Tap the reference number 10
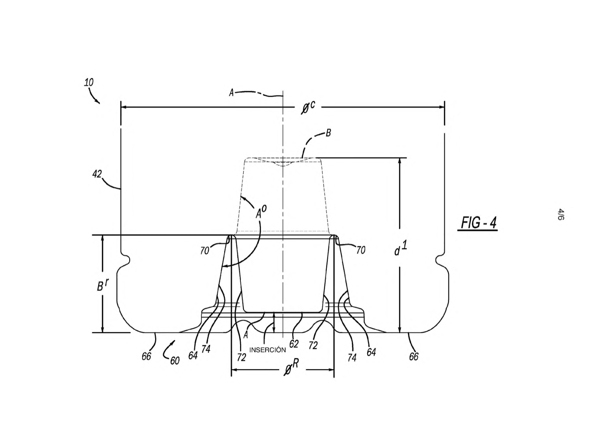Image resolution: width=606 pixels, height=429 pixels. [88, 82]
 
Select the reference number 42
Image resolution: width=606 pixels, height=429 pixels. [97, 174]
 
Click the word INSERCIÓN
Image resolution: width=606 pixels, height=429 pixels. [267, 350]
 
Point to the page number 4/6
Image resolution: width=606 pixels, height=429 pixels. [561, 214]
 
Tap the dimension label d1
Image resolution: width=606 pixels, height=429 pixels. [401, 249]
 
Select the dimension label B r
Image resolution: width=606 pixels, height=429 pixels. [103, 284]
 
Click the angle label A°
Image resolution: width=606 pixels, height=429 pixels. [261, 212]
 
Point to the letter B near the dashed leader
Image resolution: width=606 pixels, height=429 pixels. [328, 133]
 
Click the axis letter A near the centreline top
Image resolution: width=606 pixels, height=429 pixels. [231, 93]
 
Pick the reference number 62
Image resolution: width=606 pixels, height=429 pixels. [294, 344]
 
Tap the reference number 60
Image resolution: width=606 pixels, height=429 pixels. [175, 361]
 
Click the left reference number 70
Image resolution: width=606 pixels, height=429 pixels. [204, 251]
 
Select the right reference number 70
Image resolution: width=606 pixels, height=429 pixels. [361, 250]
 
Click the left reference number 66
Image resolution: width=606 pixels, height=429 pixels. [146, 356]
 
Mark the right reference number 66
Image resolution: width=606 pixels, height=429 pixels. [414, 357]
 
